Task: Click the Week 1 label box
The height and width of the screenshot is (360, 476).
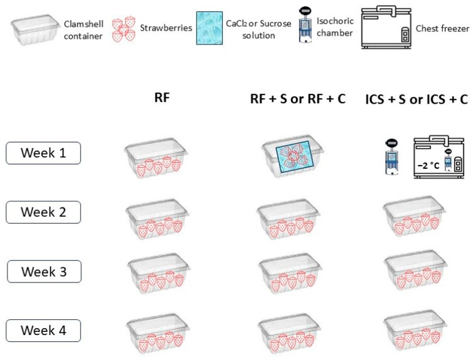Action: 43,153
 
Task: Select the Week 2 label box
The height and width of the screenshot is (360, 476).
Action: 43,212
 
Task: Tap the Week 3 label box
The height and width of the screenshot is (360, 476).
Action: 44,271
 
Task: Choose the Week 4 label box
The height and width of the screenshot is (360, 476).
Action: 43,331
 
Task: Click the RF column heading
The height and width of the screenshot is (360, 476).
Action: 162,97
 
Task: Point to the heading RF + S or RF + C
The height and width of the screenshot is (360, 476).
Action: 298,99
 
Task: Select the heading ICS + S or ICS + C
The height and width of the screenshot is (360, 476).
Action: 417,99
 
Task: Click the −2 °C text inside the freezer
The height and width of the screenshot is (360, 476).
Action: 428,166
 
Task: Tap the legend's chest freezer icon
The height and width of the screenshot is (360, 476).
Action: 386,27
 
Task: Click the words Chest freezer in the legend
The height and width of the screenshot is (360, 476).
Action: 442,29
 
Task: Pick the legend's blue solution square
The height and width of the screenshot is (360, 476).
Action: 210,28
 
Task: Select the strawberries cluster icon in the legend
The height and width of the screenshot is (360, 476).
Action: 124,29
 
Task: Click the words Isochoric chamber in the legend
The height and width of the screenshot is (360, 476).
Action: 335,27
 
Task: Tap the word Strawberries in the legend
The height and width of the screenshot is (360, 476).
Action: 166,28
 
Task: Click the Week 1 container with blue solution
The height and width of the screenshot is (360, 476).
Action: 293,156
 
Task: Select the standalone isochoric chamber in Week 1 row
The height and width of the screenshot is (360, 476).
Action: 392,157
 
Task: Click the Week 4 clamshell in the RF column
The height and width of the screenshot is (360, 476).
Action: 158,334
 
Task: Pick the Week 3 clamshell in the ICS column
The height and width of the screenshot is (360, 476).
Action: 415,271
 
